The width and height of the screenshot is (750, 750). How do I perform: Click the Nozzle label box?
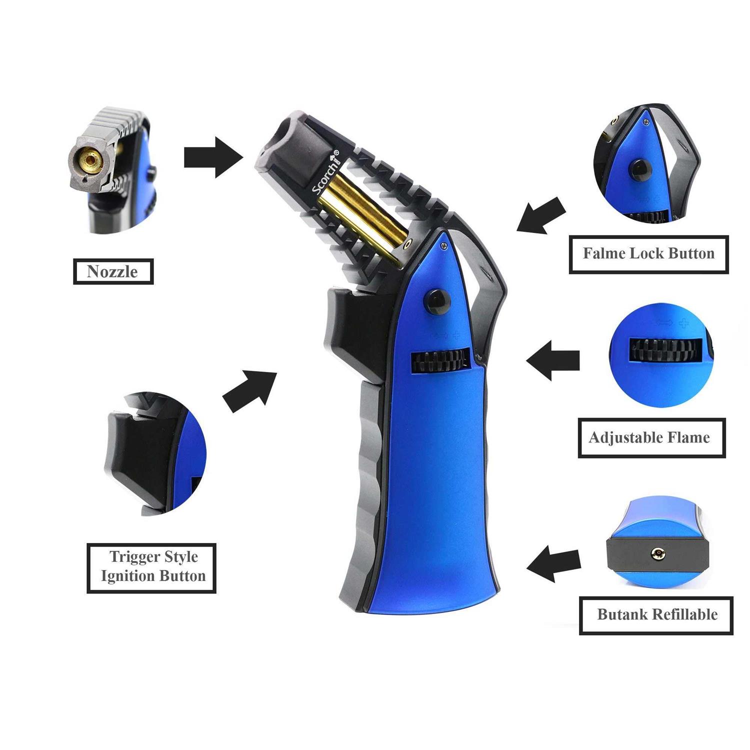point(113,271)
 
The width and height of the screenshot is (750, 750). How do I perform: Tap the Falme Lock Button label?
point(648,253)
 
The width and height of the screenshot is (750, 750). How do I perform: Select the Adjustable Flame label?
point(651,438)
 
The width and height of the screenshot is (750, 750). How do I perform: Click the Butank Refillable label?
point(656,615)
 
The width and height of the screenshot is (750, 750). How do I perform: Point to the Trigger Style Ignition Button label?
point(151,566)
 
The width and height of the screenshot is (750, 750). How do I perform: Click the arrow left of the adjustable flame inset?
point(552,360)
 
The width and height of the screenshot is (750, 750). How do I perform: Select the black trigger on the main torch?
point(345,330)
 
